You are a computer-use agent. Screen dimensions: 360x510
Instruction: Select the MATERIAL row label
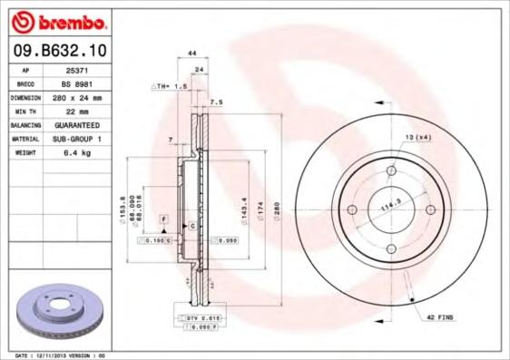click(x=25, y=139)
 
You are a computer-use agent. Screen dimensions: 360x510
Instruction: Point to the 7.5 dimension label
click(x=216, y=102)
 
